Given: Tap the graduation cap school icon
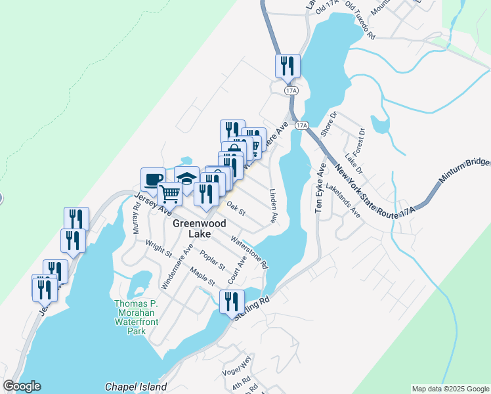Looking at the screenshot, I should tap(186, 179).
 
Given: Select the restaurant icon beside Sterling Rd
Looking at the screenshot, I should tap(232, 301).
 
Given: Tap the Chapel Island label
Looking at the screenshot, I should tap(135, 387).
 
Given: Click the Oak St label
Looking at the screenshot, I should tap(236, 208).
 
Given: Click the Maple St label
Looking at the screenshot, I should tap(202, 276).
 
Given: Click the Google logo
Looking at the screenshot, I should tap(22, 386).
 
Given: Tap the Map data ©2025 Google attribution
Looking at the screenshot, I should tap(450, 389).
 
